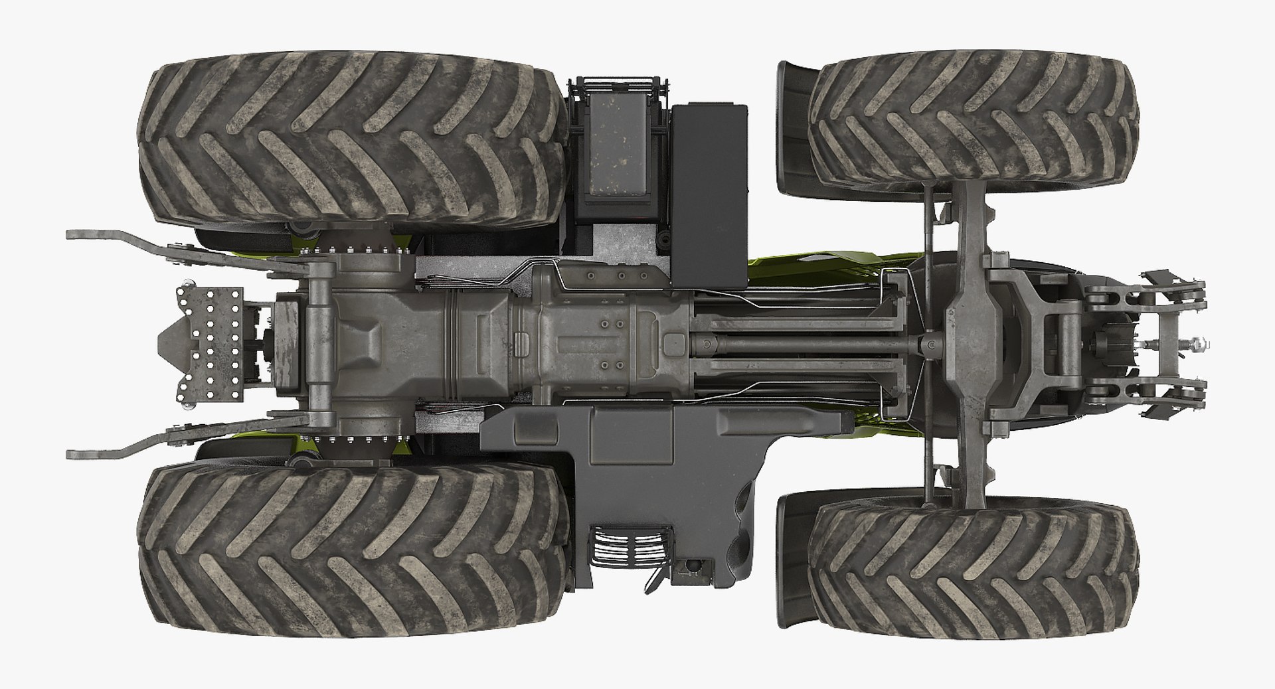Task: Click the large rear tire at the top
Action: tap(352, 136)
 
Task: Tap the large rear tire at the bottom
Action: tap(352, 551)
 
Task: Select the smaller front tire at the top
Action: tap(973, 123)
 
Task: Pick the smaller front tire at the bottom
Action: tap(973, 564)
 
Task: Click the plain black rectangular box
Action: tap(709, 196)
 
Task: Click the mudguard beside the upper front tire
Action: tap(794, 126)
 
